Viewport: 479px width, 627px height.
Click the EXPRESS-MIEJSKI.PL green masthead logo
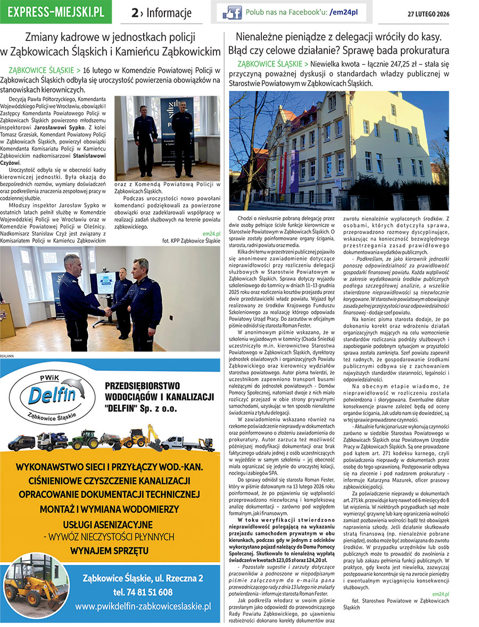tap(56, 12)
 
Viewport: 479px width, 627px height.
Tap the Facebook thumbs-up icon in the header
tap(232, 12)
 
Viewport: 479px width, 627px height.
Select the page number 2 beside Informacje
tap(135, 13)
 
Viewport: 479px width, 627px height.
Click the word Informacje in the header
tap(168, 13)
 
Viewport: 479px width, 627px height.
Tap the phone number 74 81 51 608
tap(143, 592)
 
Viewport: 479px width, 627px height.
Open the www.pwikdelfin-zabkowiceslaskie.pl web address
tap(143, 606)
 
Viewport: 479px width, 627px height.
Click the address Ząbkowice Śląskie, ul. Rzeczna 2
tap(143, 579)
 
